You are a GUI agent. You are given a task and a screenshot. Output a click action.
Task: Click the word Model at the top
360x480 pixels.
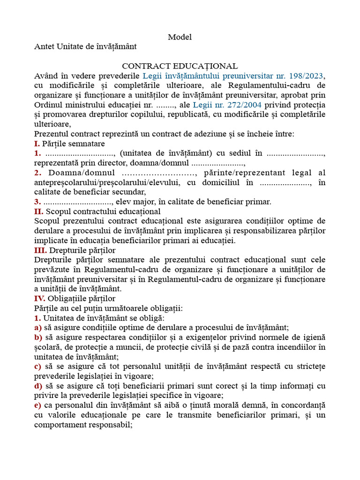(x=180, y=37)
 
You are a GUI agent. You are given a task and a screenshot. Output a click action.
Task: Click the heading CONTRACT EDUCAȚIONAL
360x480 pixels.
(x=180, y=67)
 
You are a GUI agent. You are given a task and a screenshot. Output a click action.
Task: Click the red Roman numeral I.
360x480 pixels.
(x=37, y=143)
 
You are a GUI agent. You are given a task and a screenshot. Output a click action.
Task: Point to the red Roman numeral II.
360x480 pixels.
(x=38, y=212)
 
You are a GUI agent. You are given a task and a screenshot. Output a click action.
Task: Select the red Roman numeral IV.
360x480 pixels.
(x=40, y=298)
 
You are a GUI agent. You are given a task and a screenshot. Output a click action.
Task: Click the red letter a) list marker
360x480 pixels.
(x=37, y=328)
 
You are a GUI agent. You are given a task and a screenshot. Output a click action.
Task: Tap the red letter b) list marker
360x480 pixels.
(x=38, y=337)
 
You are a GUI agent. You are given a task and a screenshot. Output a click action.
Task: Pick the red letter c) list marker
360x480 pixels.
(x=37, y=366)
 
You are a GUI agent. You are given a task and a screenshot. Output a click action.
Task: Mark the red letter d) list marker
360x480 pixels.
(x=38, y=386)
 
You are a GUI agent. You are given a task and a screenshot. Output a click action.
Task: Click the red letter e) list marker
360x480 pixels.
(x=37, y=405)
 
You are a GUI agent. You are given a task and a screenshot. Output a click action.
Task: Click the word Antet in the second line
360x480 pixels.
(x=44, y=46)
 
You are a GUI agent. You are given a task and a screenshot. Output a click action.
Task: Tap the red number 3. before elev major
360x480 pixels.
(x=37, y=202)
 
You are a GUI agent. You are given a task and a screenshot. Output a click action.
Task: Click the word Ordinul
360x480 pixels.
(x=48, y=105)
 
